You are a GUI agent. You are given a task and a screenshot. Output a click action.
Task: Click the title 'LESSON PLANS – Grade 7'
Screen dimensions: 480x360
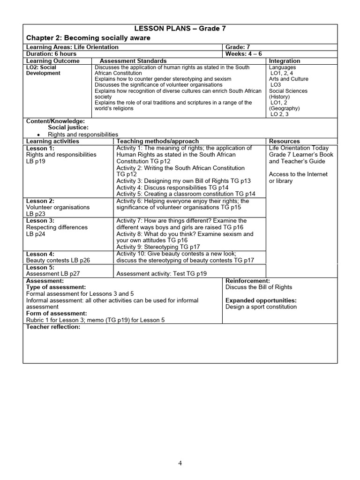click(180, 28)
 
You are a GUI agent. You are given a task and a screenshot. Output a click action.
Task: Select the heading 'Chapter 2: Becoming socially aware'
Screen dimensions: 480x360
click(88, 37)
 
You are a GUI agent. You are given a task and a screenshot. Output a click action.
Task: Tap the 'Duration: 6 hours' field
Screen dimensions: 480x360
click(51, 54)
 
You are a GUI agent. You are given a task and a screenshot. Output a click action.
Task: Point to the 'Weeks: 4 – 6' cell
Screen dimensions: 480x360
click(244, 54)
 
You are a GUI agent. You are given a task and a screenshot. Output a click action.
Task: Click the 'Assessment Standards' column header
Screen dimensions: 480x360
click(133, 61)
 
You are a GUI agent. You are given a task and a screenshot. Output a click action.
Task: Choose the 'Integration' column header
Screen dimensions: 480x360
click(285, 61)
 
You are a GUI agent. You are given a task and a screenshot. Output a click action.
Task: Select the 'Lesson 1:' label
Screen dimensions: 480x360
click(40, 148)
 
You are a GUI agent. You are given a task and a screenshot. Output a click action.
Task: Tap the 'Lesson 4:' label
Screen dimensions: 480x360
click(40, 254)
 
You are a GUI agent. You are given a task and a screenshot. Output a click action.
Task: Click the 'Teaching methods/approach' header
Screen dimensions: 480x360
click(157, 141)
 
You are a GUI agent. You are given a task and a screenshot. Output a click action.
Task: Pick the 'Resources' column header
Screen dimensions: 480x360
click(285, 141)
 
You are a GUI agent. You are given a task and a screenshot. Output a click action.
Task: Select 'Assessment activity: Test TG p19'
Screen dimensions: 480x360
click(161, 274)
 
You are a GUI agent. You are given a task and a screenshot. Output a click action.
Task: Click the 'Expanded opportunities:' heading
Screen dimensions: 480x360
click(261, 300)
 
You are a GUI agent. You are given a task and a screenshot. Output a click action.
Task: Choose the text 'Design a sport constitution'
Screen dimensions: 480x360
click(261, 307)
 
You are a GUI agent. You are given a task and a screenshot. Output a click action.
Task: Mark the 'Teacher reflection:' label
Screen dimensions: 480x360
click(53, 327)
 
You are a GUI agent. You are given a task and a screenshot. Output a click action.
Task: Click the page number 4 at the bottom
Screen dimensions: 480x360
click(180, 463)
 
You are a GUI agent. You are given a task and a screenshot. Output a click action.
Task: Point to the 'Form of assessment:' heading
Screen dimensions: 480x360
click(56, 313)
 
